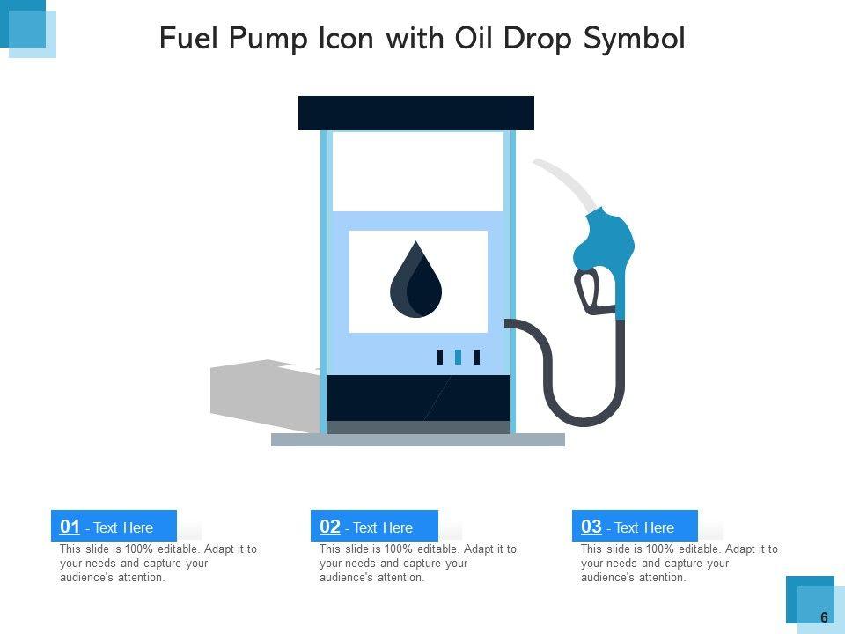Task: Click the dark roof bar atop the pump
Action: pyautogui.click(x=416, y=114)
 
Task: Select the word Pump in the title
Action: pyautogui.click(x=268, y=40)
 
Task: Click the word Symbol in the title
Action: pyautogui.click(x=635, y=40)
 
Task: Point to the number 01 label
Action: pyautogui.click(x=70, y=527)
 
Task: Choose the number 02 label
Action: pyautogui.click(x=330, y=527)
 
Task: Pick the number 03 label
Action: pyautogui.click(x=591, y=527)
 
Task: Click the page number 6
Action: pyautogui.click(x=824, y=617)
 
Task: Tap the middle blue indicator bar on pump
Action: pyautogui.click(x=458, y=357)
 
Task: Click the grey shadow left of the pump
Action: pyautogui.click(x=264, y=394)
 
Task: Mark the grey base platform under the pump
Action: pyautogui.click(x=417, y=440)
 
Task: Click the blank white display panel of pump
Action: pyautogui.click(x=417, y=172)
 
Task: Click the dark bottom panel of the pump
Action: pyautogui.click(x=418, y=398)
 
